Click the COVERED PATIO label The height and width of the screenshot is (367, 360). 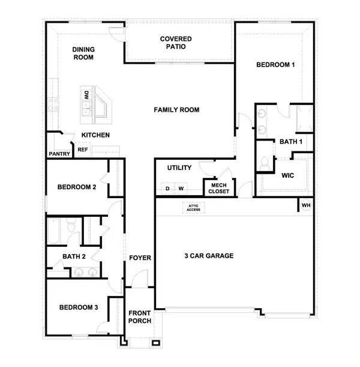click(176, 43)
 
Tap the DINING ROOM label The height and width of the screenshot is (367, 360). click(84, 53)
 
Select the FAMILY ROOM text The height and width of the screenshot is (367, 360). click(176, 110)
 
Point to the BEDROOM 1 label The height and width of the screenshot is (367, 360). click(275, 65)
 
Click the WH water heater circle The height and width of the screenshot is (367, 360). click(306, 205)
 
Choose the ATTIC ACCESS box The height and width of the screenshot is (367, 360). click(193, 208)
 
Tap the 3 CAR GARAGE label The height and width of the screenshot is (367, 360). click(209, 256)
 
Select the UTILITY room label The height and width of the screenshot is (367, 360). click(179, 168)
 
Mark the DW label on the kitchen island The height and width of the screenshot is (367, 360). click(86, 95)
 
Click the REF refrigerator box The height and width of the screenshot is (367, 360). click(83, 150)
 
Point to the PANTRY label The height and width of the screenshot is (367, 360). click(59, 154)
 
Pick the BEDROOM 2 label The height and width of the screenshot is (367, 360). click(77, 187)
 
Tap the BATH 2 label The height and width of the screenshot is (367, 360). click(74, 257)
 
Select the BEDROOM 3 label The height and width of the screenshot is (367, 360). click(78, 308)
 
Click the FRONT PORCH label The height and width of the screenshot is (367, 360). click(139, 317)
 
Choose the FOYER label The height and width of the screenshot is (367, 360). click(140, 258)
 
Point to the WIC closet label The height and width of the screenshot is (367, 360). click(287, 176)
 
